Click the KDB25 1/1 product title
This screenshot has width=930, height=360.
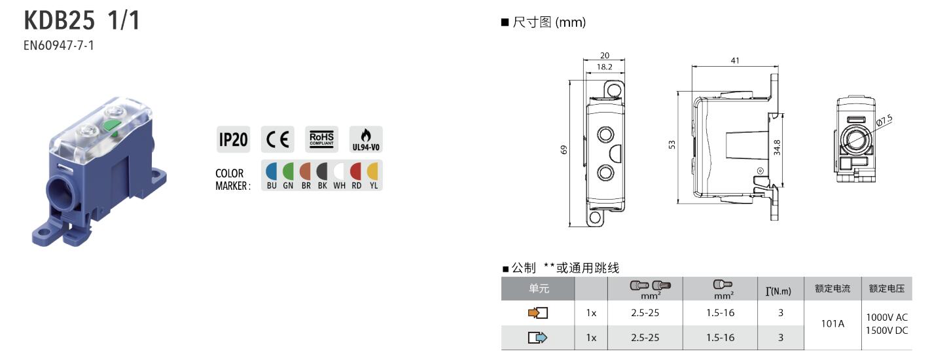(82, 20)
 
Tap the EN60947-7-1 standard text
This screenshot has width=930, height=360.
(58, 45)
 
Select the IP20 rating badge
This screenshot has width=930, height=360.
(234, 139)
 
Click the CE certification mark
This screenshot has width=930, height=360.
(277, 139)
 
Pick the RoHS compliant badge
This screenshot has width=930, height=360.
(322, 139)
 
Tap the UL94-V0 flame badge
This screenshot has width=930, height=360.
(366, 139)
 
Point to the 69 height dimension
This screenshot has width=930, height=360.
(563, 150)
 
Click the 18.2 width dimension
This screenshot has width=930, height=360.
(605, 67)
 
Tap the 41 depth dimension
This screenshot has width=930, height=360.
(735, 61)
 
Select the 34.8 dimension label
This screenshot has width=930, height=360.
(777, 147)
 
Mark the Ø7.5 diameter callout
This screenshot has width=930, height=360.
(884, 120)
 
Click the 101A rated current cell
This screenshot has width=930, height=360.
(832, 324)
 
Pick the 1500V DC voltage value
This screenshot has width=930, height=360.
(887, 331)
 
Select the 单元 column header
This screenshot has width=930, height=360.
(539, 289)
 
